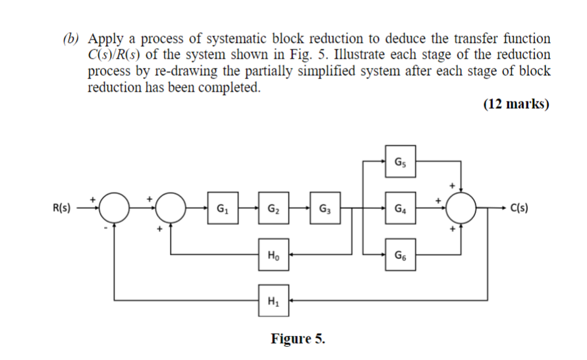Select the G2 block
click(x=273, y=210)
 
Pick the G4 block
click(x=401, y=210)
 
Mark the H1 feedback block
click(x=273, y=301)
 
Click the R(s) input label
click(x=64, y=210)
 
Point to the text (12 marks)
click(x=516, y=104)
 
